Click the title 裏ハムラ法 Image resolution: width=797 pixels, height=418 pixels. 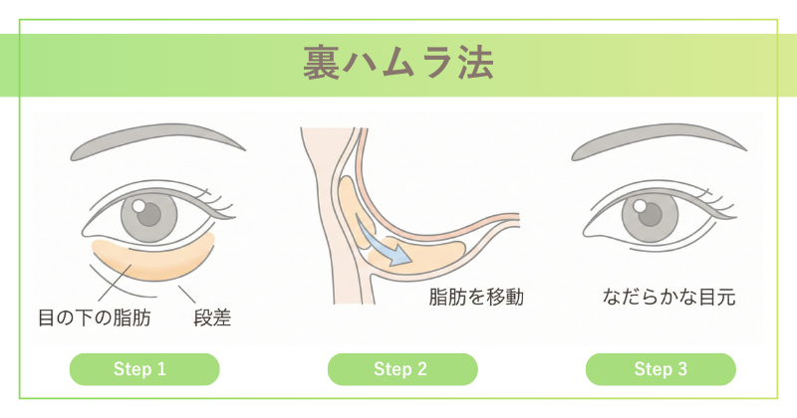398,63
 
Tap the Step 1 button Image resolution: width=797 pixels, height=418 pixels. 144,369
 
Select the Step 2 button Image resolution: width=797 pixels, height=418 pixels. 402,369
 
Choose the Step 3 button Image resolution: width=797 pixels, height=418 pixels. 661,369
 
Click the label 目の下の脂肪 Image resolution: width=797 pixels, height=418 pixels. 95,317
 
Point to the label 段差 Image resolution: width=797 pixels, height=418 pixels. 212,317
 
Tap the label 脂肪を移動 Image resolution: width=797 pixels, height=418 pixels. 476,298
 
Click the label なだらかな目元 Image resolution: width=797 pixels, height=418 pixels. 668,298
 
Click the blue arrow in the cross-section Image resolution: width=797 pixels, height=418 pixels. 383,243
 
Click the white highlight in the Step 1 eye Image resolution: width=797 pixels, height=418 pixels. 138,206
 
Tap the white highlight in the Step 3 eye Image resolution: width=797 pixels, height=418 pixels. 640,206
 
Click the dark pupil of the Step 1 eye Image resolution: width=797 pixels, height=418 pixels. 149,214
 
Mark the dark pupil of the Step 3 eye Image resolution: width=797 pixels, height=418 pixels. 651,214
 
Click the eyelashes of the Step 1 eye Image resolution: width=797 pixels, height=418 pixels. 216,202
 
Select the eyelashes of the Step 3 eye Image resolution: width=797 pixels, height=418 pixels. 717,202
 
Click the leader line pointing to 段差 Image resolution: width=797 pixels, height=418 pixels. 186,295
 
